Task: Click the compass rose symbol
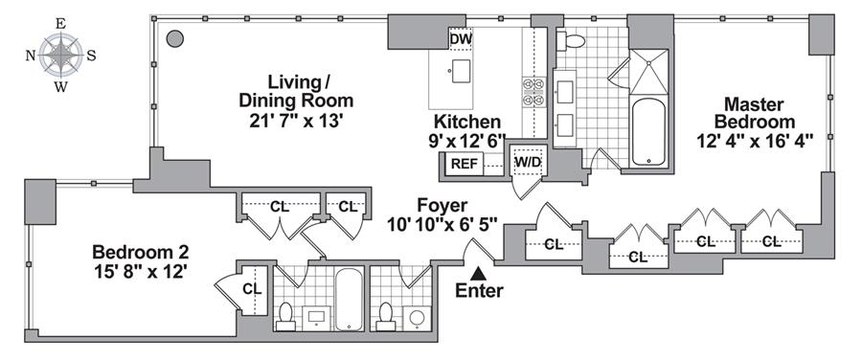pos(61,55)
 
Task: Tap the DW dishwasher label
pos(461,39)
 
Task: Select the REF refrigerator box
pos(465,164)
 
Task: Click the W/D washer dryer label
pos(526,163)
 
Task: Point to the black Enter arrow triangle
pos(479,273)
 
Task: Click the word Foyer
pos(442,206)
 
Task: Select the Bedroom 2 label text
pos(141,252)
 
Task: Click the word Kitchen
pos(467,122)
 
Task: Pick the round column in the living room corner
pos(175,39)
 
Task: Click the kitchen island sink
pos(462,71)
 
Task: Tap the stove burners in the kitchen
pos(533,92)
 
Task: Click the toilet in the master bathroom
pos(569,40)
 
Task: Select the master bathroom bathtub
pos(648,131)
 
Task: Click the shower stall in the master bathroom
pos(648,72)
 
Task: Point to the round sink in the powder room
pos(418,320)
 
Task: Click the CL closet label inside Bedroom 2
pos(253,289)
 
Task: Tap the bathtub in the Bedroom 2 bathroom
pos(349,300)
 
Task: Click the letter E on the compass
pos(61,24)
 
